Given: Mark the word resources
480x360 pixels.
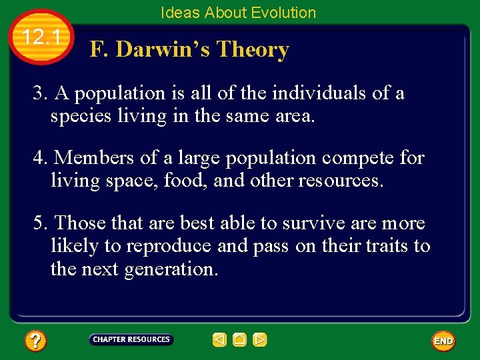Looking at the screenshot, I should pos(341,181).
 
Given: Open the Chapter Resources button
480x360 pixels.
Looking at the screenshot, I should pos(131,340).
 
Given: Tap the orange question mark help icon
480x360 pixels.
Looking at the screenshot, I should pos(35,341).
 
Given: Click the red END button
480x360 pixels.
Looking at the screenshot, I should pos(443,341).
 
